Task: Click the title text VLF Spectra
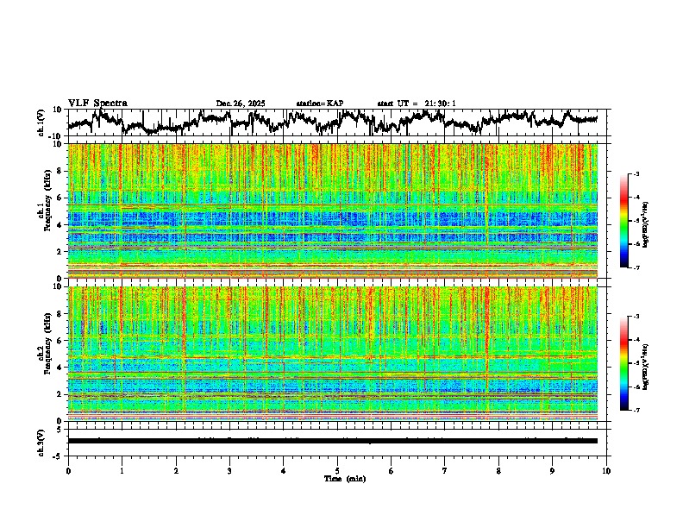click(x=97, y=104)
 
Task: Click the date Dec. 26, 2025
click(x=241, y=104)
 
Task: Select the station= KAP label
click(x=320, y=104)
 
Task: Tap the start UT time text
click(x=417, y=104)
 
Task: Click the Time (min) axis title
click(x=344, y=478)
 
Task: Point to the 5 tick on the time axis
click(x=337, y=470)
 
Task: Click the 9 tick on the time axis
click(x=553, y=470)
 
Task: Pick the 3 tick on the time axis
click(x=229, y=470)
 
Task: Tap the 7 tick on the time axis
click(x=445, y=470)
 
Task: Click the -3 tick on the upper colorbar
click(x=637, y=175)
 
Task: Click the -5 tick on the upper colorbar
click(x=637, y=221)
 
